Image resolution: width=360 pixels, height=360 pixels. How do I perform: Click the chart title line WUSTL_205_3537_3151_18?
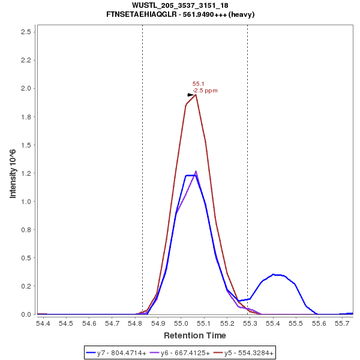point(179,5)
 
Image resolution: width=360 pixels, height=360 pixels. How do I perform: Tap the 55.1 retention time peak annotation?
point(198,84)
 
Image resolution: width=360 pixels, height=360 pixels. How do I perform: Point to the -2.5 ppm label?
point(205,91)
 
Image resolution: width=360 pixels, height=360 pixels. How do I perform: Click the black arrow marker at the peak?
point(191,95)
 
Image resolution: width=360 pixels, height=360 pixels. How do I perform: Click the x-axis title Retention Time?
point(195,335)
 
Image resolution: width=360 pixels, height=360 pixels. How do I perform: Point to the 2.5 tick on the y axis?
point(26,31)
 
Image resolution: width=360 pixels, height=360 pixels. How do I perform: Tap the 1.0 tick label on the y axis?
point(26,202)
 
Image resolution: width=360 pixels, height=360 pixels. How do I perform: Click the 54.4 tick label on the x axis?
point(43,323)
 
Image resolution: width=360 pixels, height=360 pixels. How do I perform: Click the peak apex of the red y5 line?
point(196,94)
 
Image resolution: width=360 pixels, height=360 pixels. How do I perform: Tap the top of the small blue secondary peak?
point(273,274)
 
